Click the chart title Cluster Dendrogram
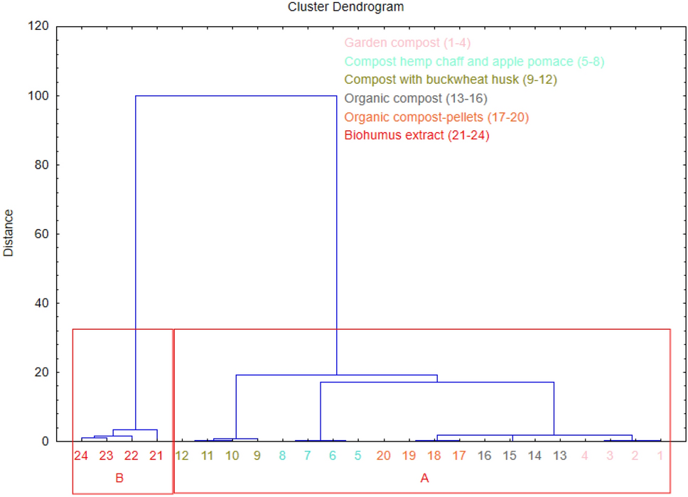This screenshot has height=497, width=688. pyautogui.click(x=345, y=7)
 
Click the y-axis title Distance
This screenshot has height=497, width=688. pyautogui.click(x=9, y=233)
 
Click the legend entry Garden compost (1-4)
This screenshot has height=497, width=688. pyautogui.click(x=407, y=43)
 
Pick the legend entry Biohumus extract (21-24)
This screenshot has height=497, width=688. pyautogui.click(x=416, y=135)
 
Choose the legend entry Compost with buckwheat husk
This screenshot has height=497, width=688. pyautogui.click(x=450, y=80)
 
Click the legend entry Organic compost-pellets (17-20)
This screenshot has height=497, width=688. pyautogui.click(x=436, y=117)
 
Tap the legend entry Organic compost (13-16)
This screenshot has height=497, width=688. pyautogui.click(x=415, y=98)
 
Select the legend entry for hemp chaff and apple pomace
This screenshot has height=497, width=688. pyautogui.click(x=473, y=62)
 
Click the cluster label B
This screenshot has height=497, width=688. pyautogui.click(x=119, y=479)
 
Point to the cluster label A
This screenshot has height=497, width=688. pyautogui.click(x=424, y=479)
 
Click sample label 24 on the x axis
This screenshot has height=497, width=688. pyautogui.click(x=81, y=456)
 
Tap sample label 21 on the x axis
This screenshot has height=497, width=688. pyautogui.click(x=156, y=456)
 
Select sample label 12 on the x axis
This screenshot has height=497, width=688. pyautogui.click(x=181, y=456)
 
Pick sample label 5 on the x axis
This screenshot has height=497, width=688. pyautogui.click(x=358, y=456)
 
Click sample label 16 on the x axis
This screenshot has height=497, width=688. pyautogui.click(x=484, y=456)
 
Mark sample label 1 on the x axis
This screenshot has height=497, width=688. pyautogui.click(x=660, y=456)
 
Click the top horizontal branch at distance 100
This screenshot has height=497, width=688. pyautogui.click(x=236, y=96)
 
